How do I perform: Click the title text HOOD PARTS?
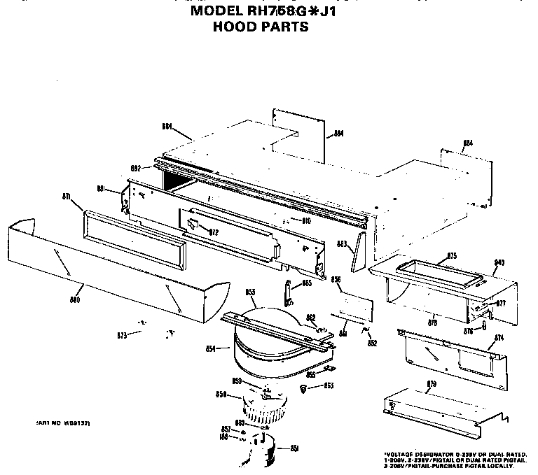(x=260, y=29)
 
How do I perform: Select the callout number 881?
(x=100, y=189)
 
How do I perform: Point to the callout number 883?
(x=343, y=244)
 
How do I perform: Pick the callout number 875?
(x=452, y=255)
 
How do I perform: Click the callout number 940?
(x=499, y=262)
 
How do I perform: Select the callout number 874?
(x=499, y=338)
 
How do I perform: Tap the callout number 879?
(x=432, y=383)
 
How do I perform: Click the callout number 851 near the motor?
(x=295, y=448)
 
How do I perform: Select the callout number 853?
(x=251, y=291)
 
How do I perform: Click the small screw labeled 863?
(x=303, y=387)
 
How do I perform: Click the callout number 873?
(x=123, y=336)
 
